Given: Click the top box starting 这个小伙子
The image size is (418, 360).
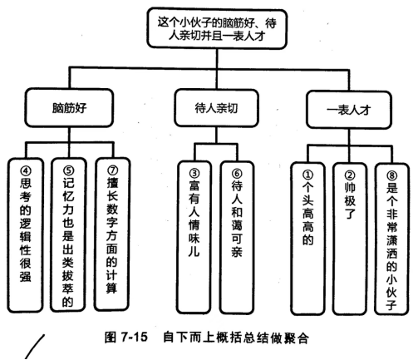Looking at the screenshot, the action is click(x=217, y=29).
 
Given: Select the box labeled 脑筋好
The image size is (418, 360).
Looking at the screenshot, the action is click(x=69, y=108).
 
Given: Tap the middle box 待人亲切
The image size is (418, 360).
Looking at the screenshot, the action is click(x=216, y=108).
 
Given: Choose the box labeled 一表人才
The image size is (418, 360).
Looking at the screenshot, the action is click(x=349, y=110).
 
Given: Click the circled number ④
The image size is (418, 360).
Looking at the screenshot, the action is click(x=26, y=170).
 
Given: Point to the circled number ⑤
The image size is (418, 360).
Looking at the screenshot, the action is click(x=68, y=170).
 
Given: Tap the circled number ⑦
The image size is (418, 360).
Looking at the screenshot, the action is click(x=112, y=170).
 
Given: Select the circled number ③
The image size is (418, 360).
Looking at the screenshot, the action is click(x=194, y=174).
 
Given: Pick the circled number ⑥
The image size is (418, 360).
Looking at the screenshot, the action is click(x=237, y=174).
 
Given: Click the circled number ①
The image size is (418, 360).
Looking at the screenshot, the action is click(x=307, y=175).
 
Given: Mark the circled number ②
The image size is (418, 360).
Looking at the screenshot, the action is click(x=350, y=175).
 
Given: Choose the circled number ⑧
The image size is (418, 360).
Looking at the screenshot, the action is click(x=391, y=175).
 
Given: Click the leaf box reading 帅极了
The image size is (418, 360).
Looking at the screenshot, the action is click(x=350, y=239).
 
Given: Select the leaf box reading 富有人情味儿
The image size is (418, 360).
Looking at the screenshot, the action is click(x=194, y=237).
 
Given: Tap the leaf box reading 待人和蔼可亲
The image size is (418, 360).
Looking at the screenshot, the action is click(x=237, y=237).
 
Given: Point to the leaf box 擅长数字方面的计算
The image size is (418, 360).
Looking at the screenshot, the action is click(x=112, y=234).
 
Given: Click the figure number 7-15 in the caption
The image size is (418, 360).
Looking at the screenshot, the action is click(x=134, y=337).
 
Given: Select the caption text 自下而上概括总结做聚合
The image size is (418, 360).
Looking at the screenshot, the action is click(x=236, y=338).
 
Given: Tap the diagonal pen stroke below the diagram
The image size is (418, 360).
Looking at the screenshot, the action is click(x=35, y=347).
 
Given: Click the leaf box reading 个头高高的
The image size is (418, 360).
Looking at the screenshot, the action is click(x=307, y=239).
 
